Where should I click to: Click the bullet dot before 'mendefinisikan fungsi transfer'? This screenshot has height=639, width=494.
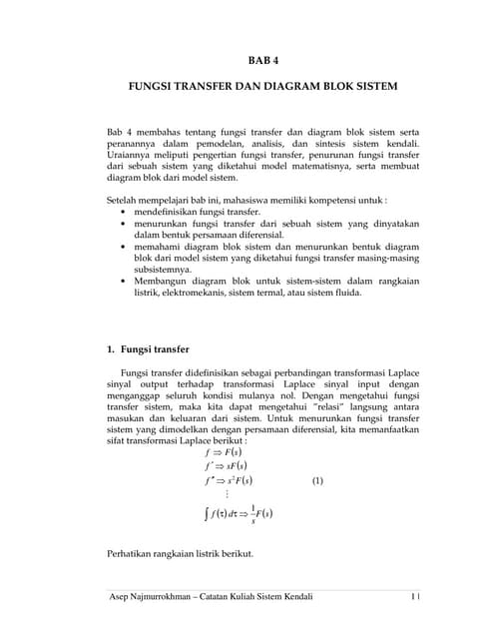coord(123,213)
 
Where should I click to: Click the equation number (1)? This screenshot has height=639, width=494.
coord(317,479)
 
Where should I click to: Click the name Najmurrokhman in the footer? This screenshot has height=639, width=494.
coord(173,597)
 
